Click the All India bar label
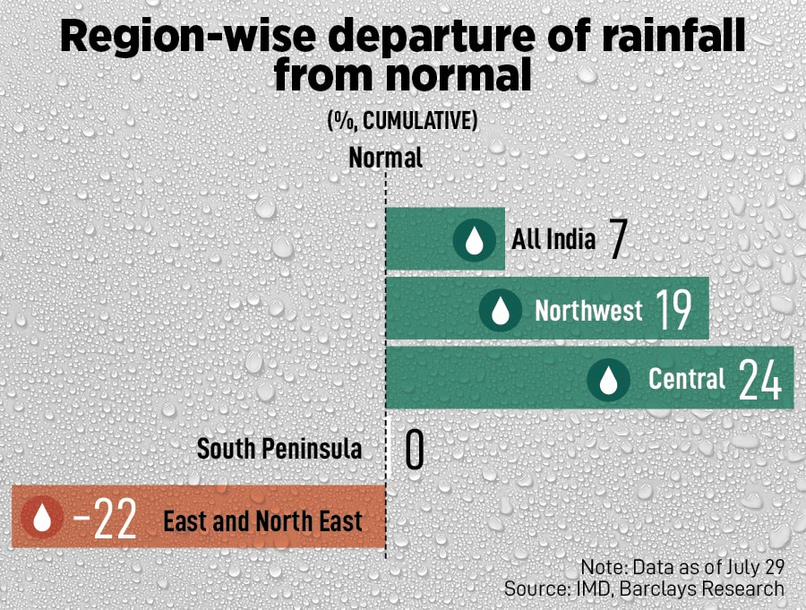(x=553, y=240)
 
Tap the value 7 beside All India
(x=616, y=240)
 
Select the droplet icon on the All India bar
(x=475, y=241)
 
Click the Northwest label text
(x=588, y=310)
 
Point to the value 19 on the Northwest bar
(x=673, y=310)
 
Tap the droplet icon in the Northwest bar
(x=501, y=311)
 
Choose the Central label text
(x=687, y=379)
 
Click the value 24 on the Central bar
(x=760, y=380)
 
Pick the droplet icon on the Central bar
(x=609, y=380)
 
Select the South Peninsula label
(x=279, y=449)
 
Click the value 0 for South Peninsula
(x=414, y=450)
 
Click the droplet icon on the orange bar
(x=43, y=520)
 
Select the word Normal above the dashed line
(x=385, y=159)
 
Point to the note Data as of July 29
(x=682, y=567)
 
